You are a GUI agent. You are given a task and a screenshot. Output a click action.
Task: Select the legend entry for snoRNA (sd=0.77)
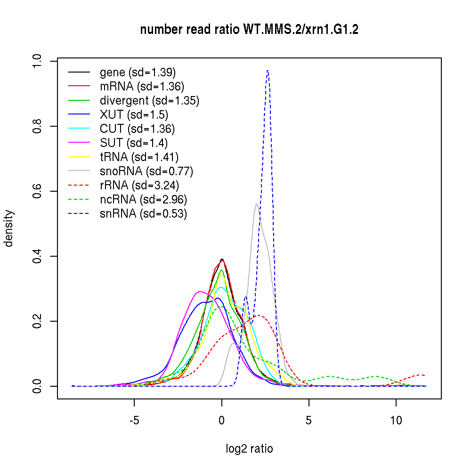[x=146, y=171]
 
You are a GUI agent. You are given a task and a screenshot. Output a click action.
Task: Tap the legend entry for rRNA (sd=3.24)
[x=139, y=185]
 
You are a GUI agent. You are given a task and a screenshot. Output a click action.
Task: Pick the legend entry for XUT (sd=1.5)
[x=134, y=114]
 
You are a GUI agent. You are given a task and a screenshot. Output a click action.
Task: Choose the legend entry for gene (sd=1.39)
[x=138, y=72]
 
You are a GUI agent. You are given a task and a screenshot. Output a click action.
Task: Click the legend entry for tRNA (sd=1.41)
[x=139, y=157]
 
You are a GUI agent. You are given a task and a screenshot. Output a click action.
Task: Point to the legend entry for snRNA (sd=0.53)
[x=143, y=213]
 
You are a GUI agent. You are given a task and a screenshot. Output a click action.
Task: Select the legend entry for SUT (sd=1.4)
[x=134, y=143]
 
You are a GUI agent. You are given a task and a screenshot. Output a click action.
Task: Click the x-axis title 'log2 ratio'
[x=249, y=449]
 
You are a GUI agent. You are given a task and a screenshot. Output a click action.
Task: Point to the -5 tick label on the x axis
[x=134, y=420]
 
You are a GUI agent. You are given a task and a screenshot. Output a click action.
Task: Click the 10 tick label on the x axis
[x=396, y=420]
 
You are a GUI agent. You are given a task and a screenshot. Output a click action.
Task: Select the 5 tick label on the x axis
[x=309, y=420]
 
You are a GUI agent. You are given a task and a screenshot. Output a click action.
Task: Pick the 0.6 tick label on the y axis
[x=38, y=191]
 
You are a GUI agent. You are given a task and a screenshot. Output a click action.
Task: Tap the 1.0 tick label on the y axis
[x=38, y=61]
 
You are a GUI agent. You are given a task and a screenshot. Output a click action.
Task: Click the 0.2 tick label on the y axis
[x=38, y=321]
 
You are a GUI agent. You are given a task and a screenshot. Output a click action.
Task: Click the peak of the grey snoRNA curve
[x=257, y=204]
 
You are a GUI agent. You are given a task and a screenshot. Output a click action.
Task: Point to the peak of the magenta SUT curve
[x=200, y=292]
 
